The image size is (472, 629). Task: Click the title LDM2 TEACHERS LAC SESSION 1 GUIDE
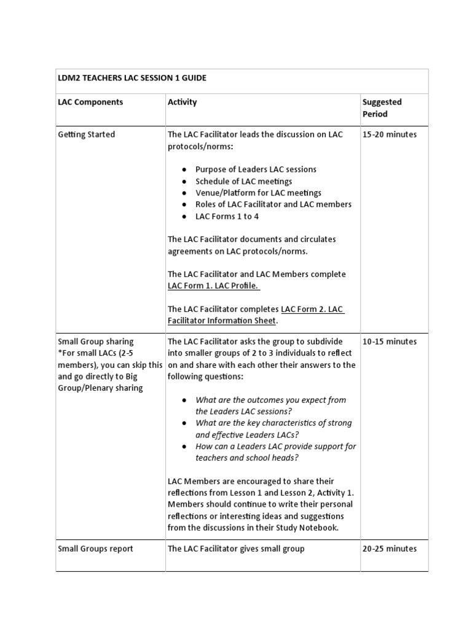pyautogui.click(x=132, y=78)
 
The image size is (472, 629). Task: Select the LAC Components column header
pyautogui.click(x=90, y=102)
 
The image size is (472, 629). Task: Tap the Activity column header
pyautogui.click(x=182, y=102)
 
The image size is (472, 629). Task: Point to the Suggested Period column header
pyautogui.click(x=382, y=107)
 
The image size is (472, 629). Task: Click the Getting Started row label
pyautogui.click(x=86, y=135)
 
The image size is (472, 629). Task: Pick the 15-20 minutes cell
pyautogui.click(x=389, y=135)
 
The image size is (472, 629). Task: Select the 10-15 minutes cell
pyautogui.click(x=389, y=342)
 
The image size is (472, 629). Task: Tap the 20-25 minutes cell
pyautogui.click(x=389, y=549)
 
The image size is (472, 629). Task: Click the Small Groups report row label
pyautogui.click(x=95, y=549)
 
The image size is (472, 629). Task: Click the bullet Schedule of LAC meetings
pyautogui.click(x=243, y=181)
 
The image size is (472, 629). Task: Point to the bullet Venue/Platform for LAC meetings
pyautogui.click(x=258, y=193)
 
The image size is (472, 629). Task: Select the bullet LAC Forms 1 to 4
pyautogui.click(x=227, y=216)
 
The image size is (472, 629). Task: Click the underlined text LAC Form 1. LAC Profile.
pyautogui.click(x=214, y=286)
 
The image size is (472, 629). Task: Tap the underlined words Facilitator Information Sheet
pyautogui.click(x=222, y=321)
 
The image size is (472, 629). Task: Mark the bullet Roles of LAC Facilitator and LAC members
pyautogui.click(x=273, y=205)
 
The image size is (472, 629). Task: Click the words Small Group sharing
pyautogui.click(x=95, y=342)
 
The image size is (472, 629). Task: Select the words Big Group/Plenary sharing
pyautogui.click(x=100, y=388)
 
